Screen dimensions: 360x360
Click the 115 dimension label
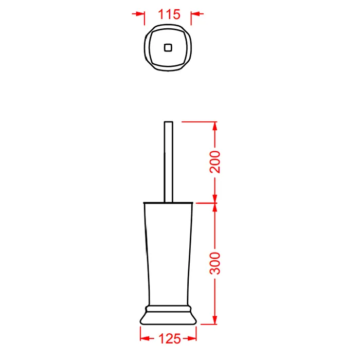(x=169, y=14)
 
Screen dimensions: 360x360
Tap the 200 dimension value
(x=215, y=162)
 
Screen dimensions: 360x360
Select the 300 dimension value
(x=215, y=263)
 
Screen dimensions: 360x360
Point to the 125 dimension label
(x=169, y=338)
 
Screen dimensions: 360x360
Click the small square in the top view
(x=168, y=48)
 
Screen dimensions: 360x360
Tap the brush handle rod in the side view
(x=169, y=162)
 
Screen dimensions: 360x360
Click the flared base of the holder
(x=168, y=318)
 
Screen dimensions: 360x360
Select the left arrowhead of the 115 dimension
(x=140, y=14)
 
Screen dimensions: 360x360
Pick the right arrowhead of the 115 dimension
(x=195, y=14)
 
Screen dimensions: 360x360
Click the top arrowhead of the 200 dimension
(x=215, y=126)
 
